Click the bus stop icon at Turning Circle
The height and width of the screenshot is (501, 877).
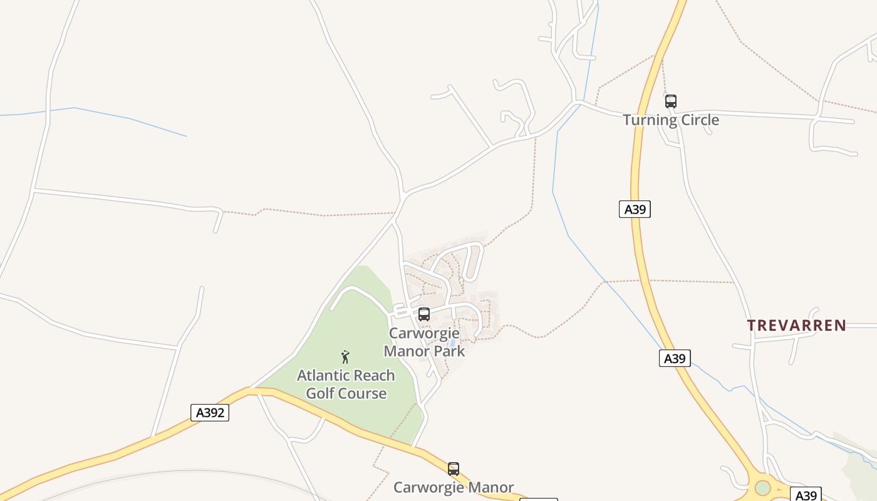coord(670,101)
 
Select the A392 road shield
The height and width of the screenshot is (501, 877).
coord(209,413)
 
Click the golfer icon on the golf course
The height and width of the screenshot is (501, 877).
coord(345,357)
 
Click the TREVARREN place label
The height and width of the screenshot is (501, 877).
coord(796,326)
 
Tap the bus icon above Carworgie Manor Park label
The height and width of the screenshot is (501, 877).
coord(424,314)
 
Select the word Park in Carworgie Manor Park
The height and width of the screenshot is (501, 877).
coord(450,351)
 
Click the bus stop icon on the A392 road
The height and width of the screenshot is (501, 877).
coord(453,468)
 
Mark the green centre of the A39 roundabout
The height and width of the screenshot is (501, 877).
coord(762,487)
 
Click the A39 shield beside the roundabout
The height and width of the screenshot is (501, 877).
coord(805,495)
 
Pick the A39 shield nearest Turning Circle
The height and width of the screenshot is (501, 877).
coord(635,209)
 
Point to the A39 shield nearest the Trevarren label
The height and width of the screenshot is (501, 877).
coord(675,358)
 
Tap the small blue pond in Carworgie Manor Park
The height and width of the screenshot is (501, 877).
coord(452,343)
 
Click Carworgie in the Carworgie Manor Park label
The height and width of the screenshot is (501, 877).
coord(424,333)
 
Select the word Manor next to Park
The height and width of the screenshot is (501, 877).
coord(407,351)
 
